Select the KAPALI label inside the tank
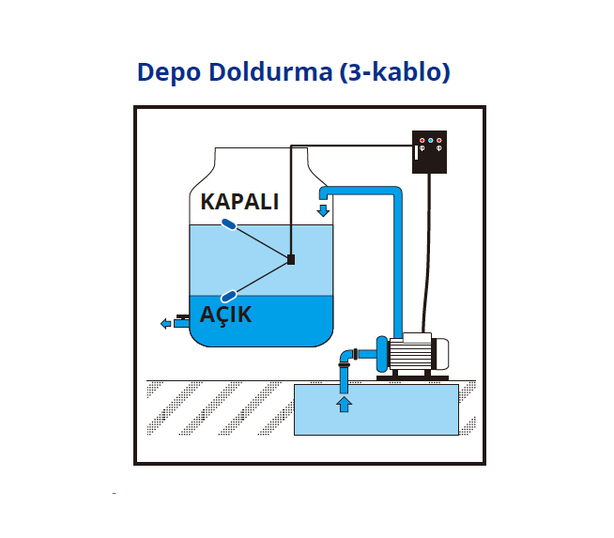pyautogui.click(x=239, y=202)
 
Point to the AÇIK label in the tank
pyautogui.click(x=226, y=315)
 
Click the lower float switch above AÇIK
pyautogui.click(x=227, y=295)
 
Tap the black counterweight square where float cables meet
pyautogui.click(x=291, y=259)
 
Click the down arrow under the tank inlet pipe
pyautogui.click(x=324, y=208)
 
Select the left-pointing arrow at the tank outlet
pyautogui.click(x=167, y=324)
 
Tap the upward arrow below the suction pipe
pyautogui.click(x=344, y=405)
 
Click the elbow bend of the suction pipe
pyautogui.click(x=347, y=356)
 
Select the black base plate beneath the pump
pyautogui.click(x=413, y=378)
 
